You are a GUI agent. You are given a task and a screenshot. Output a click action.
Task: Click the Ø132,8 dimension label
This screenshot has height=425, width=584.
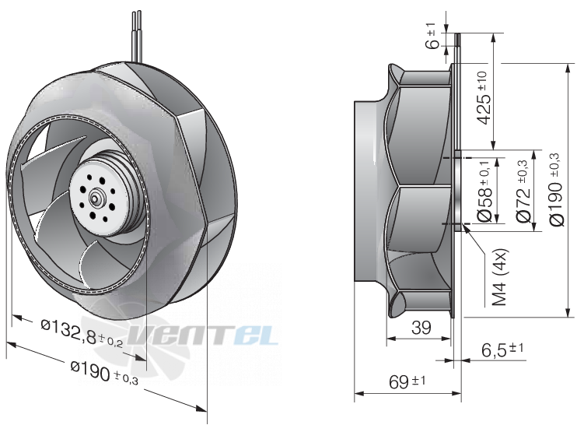pos(82,333)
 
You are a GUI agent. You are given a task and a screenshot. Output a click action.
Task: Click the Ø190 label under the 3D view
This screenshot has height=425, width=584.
pos(104,373)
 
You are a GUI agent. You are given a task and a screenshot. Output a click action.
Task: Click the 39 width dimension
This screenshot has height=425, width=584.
pos(421,328)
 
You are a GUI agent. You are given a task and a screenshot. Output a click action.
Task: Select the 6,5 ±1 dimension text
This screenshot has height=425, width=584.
pos(502,349)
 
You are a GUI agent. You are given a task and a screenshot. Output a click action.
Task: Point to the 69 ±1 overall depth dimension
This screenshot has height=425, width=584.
pos(407,381)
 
